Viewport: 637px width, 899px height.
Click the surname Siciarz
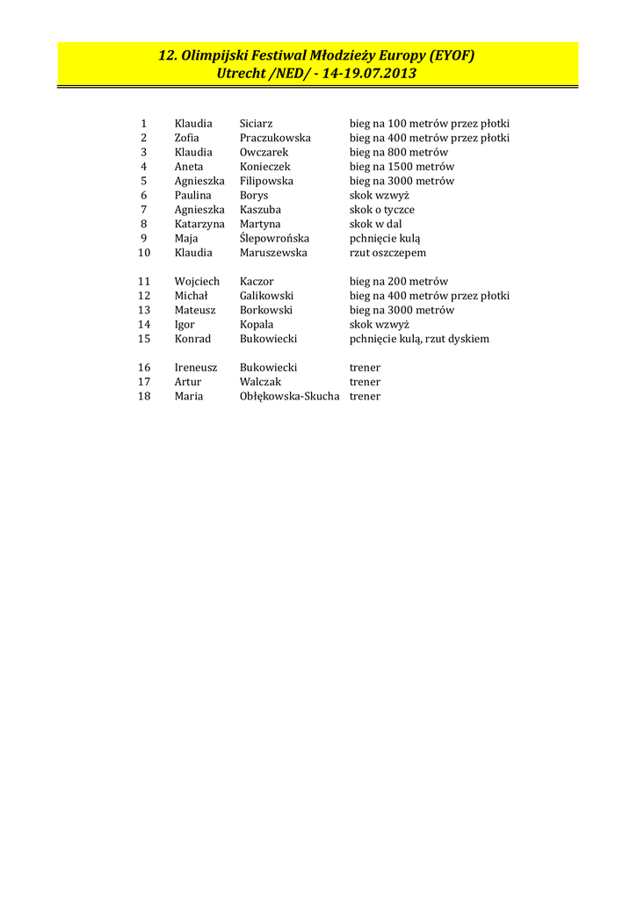pos(256,124)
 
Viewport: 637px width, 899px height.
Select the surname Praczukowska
pos(275,138)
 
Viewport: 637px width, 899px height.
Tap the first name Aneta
pos(188,167)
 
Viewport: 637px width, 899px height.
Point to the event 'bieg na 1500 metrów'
pos(402,167)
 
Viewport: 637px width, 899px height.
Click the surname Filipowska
pos(266,181)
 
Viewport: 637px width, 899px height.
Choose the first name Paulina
pos(192,195)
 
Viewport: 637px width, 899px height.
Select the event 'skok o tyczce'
pos(382,210)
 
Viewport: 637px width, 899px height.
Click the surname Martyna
pos(260,224)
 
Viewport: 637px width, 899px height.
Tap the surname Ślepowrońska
pos(274,238)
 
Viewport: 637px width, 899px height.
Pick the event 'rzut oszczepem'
pos(387,253)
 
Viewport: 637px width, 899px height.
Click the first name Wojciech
pos(197,282)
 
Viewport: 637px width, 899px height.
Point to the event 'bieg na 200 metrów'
pos(399,282)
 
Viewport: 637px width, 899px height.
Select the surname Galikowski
pos(266,296)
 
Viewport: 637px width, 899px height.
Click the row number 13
pos(144,310)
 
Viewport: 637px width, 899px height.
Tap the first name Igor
pos(185,325)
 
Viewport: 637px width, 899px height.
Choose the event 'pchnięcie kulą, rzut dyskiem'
pos(419,339)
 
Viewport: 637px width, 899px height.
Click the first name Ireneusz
pos(195,367)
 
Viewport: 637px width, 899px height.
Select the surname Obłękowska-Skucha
pos(289,396)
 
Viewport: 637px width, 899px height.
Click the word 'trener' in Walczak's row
pos(365,382)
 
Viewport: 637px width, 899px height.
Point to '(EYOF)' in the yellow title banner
pos(452,55)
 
